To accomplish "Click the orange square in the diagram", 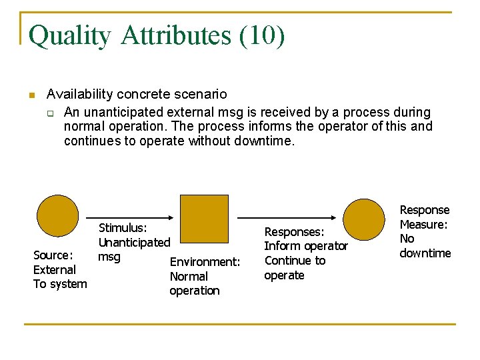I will click(205, 218).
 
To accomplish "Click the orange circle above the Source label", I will click(57, 217).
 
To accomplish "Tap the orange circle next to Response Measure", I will click(364, 219).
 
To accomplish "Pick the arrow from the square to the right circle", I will click(287, 217).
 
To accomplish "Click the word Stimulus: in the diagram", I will click(123, 228).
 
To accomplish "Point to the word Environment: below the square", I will click(205, 262).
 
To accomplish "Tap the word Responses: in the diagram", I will click(294, 232).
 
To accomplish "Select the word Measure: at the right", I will click(423, 225).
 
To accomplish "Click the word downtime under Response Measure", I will click(425, 253).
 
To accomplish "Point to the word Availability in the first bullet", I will click(79, 95).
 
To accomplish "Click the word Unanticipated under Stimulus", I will click(134, 243).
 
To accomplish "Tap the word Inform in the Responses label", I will click(282, 246).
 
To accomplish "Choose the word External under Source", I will click(54, 270).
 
